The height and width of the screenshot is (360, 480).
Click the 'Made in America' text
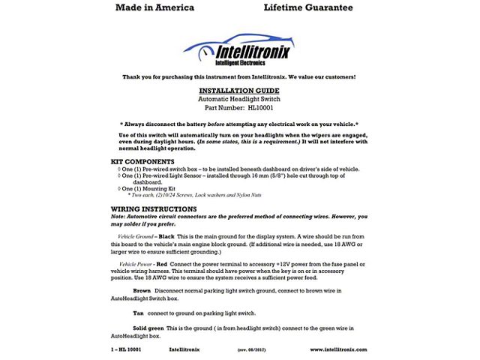[154, 8]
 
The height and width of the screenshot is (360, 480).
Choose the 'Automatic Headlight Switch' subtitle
[238, 98]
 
